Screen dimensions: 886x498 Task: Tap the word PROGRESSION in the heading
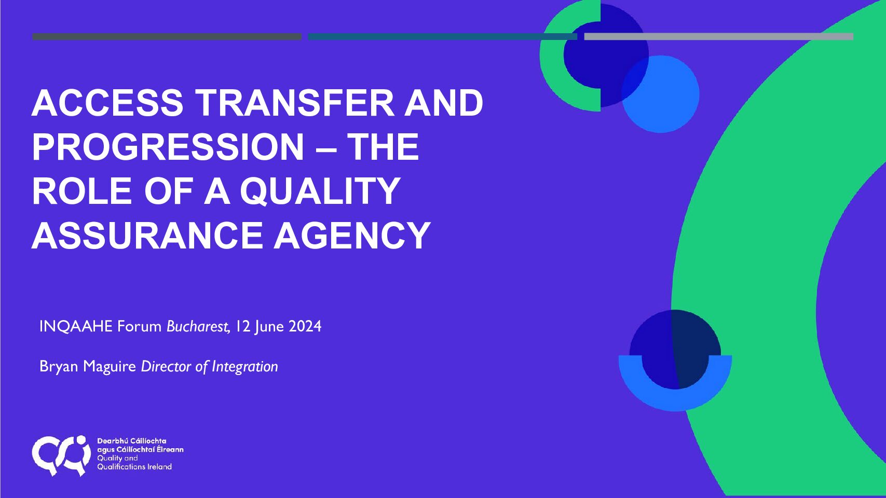168,147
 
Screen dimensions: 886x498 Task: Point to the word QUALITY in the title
320,191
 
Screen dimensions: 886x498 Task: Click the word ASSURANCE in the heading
147,236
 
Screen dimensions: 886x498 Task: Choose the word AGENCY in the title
352,236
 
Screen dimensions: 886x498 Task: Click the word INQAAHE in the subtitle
76,326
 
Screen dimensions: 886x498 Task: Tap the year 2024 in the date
305,326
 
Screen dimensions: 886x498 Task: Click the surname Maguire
110,367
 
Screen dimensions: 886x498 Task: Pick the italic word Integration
245,367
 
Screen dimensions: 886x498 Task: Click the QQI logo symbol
61,455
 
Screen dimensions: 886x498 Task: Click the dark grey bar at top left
167,37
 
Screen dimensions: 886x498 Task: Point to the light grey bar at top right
719,37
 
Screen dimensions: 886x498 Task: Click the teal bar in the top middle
442,37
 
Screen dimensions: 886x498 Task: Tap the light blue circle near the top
661,94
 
